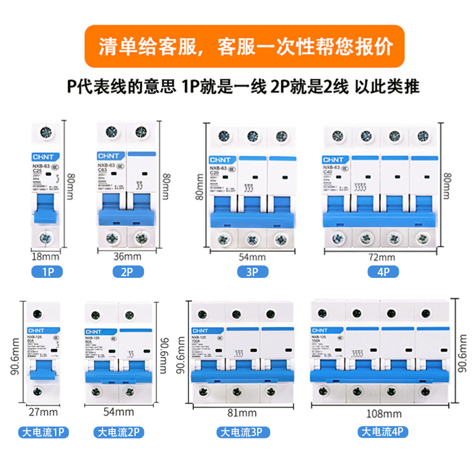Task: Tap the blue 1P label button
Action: pyautogui.click(x=47, y=273)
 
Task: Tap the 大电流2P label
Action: pyautogui.click(x=118, y=433)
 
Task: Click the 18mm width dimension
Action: pyautogui.click(x=46, y=257)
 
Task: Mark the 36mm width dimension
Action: pyautogui.click(x=127, y=257)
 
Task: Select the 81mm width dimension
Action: pyautogui.click(x=244, y=414)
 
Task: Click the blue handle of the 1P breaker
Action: pyautogui.click(x=46, y=207)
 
